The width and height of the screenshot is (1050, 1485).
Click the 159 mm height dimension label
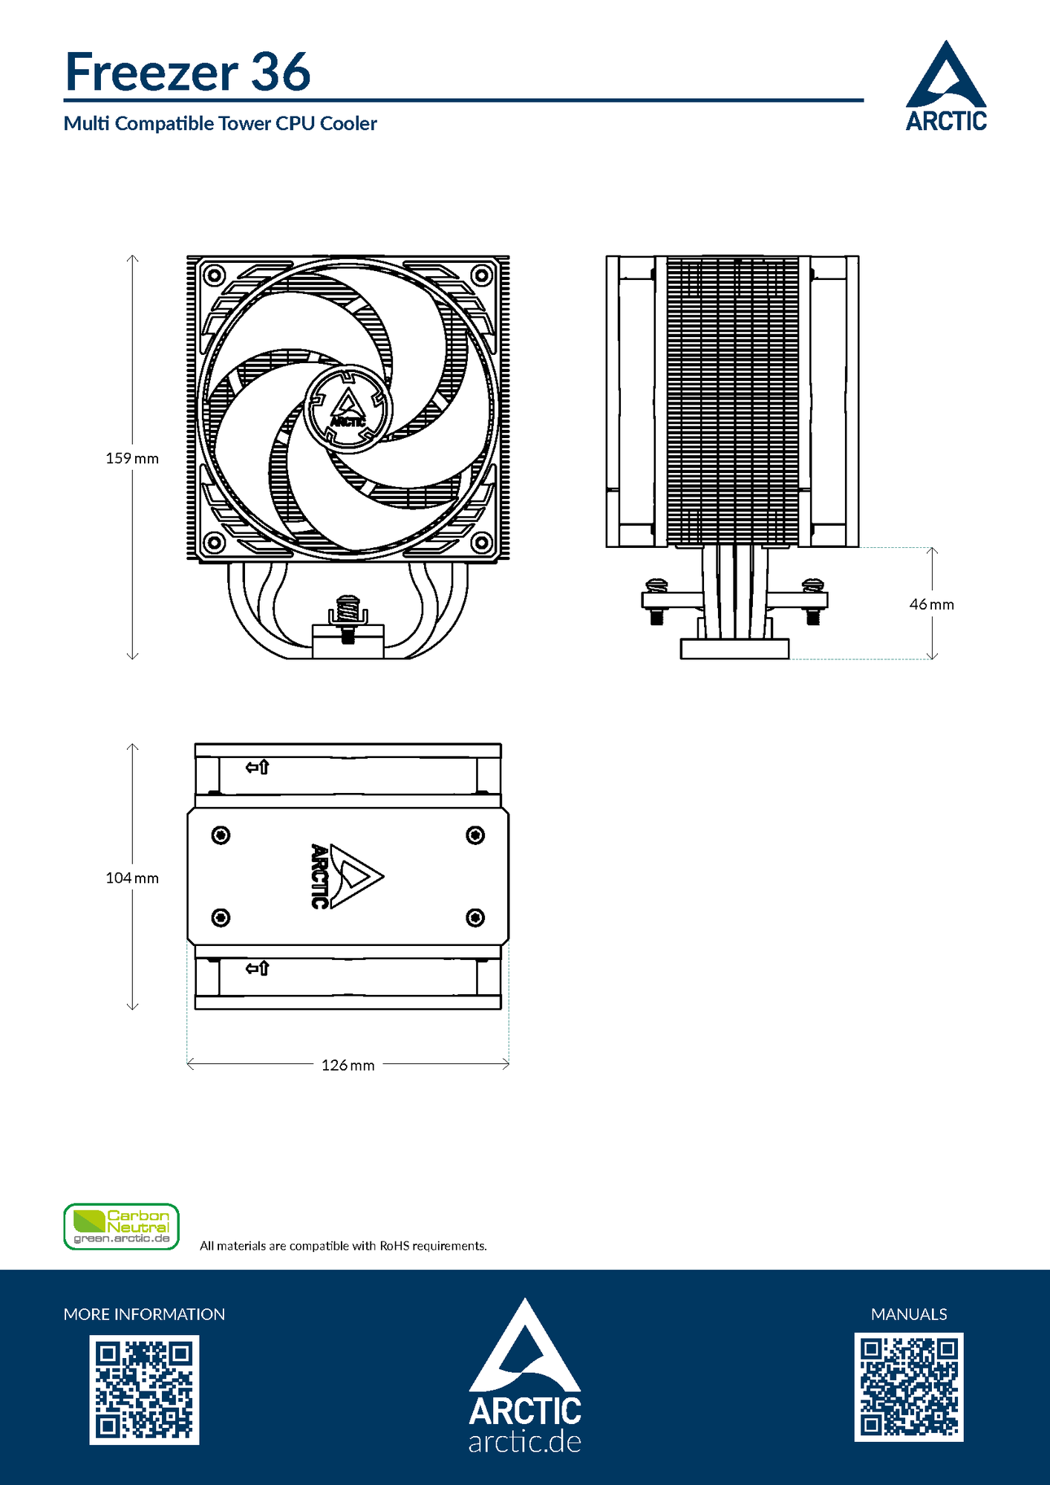pos(132,458)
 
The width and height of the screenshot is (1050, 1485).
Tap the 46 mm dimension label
pos(931,604)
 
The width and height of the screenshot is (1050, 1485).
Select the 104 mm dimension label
pos(132,878)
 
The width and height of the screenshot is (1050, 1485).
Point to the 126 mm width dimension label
pos(348,1065)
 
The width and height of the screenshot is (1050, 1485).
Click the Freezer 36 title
pos(188,72)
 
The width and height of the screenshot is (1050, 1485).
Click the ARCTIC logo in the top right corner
pos(946,87)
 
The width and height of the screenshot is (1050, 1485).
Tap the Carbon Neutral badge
pos(122,1227)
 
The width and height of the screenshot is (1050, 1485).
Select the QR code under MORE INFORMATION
pos(144,1390)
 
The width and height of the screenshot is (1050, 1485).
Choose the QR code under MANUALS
pos(909,1387)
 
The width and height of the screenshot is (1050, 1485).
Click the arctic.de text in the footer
pos(524,1442)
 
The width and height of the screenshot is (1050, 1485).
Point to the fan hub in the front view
pos(348,408)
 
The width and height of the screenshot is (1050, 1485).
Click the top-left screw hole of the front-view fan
pos(214,275)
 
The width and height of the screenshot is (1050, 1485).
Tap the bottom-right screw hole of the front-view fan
pos(481,542)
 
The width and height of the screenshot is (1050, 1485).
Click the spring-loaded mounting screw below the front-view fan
pos(348,613)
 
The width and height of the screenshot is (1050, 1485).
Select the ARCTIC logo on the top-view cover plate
pos(345,876)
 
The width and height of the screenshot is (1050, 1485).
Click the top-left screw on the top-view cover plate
pos(221,835)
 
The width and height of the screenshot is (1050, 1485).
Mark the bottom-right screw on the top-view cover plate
pos(475,918)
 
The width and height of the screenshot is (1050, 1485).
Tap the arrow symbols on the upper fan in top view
pos(257,767)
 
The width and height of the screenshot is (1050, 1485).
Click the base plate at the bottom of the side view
pos(734,649)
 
